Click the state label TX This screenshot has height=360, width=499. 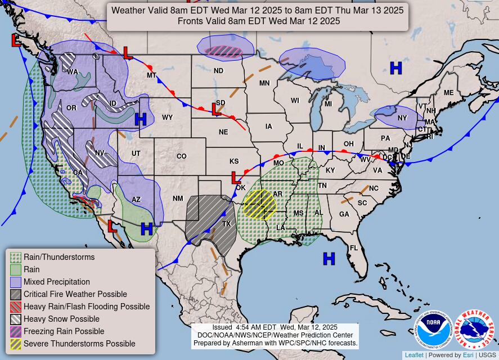click(x=227, y=223)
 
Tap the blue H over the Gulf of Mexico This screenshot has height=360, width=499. click(x=329, y=258)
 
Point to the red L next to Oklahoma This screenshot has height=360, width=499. click(x=236, y=178)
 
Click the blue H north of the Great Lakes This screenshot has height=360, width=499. click(x=396, y=68)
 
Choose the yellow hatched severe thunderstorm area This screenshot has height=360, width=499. click(x=259, y=204)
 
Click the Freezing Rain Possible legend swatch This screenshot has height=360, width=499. click(x=16, y=331)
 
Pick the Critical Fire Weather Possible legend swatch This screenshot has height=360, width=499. click(x=16, y=294)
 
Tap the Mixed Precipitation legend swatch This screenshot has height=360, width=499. click(x=16, y=282)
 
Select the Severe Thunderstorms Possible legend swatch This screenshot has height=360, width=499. click(x=16, y=344)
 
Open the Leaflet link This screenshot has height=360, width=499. click(x=414, y=355)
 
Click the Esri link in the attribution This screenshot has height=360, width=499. click(x=468, y=355)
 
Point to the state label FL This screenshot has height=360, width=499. click(x=354, y=248)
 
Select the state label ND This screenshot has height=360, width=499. click(x=218, y=71)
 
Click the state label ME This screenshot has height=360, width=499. click(x=448, y=93)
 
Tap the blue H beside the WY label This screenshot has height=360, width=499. click(x=141, y=119)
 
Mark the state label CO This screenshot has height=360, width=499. click(x=181, y=156)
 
